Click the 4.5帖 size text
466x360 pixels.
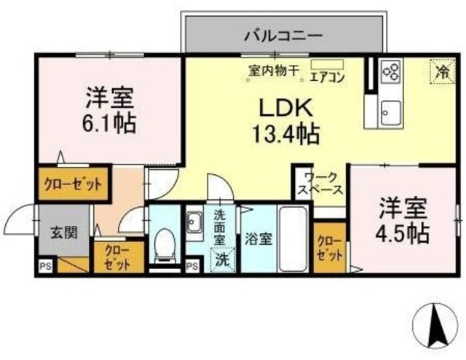tap(403, 233)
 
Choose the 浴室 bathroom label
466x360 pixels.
tap(258, 238)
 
